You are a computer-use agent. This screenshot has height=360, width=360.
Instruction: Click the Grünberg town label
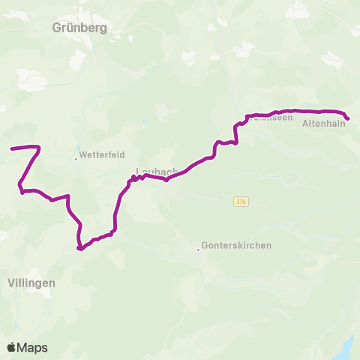point(80,28)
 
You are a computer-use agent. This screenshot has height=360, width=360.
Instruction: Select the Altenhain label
point(323,125)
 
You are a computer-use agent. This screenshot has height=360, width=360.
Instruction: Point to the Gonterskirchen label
point(236,245)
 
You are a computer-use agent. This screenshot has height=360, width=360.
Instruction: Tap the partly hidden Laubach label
point(156,171)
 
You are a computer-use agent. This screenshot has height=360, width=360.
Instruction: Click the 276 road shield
point(241,202)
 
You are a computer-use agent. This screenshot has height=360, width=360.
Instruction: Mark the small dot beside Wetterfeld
point(76,158)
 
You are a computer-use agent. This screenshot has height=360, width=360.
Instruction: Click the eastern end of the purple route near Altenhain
point(348,118)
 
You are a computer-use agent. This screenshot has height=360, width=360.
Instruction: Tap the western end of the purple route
point(11,148)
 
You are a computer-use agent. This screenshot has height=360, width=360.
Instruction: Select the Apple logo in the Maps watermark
point(12,347)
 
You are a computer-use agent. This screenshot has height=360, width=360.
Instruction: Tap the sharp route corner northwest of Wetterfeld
point(38,147)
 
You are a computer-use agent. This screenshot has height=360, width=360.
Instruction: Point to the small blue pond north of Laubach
point(163,120)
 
